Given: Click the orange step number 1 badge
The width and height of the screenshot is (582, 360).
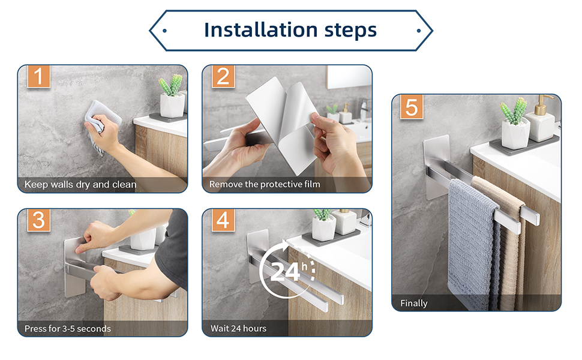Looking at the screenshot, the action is [x=38, y=76].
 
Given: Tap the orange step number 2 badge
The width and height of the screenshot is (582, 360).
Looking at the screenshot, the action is [x=223, y=76].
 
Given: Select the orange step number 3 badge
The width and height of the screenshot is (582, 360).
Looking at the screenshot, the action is [x=38, y=220].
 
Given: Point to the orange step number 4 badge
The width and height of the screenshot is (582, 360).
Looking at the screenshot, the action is [x=223, y=220].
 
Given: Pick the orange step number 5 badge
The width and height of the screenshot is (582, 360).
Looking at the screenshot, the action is [x=412, y=107].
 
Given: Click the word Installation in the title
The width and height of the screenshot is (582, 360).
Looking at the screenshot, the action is [x=261, y=30].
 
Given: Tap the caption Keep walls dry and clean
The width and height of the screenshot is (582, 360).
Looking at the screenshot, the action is [x=80, y=184].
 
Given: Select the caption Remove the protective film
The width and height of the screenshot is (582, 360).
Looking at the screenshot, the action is [x=265, y=184].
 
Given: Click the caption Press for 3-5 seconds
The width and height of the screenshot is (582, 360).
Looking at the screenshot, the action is [x=68, y=328].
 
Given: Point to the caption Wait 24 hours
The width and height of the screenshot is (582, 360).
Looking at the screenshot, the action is [x=238, y=328].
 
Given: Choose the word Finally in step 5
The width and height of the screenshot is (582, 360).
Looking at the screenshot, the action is [x=414, y=304].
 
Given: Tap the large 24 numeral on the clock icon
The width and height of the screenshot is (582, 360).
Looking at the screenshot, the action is [x=285, y=272].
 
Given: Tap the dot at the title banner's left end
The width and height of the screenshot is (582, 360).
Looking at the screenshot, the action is [x=164, y=31].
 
